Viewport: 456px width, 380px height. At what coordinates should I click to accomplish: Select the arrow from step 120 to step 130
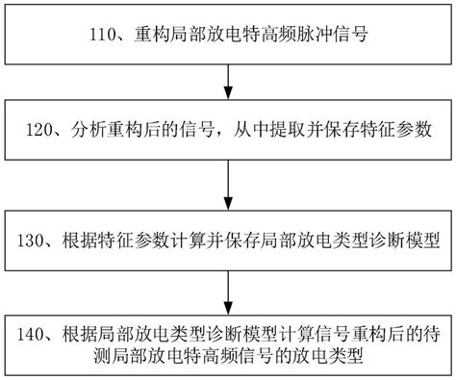(227, 183)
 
